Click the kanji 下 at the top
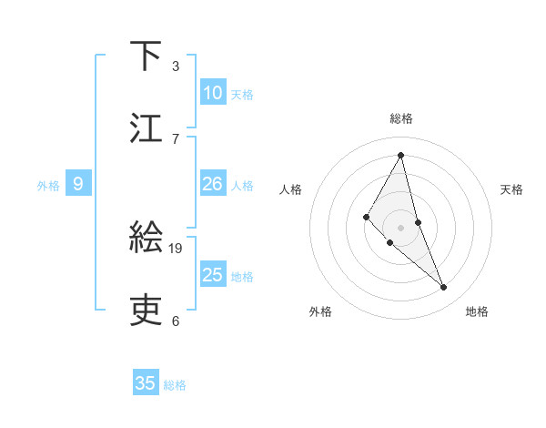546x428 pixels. coord(146,56)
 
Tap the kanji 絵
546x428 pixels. coord(146,238)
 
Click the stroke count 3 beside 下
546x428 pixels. coord(176,66)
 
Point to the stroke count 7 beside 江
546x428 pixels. coord(176,138)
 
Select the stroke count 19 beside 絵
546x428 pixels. coord(177,248)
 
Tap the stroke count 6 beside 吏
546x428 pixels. coord(176,321)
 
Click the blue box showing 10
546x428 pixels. coord(213,93)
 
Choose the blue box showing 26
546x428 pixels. coord(213,184)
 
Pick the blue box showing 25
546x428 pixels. coord(213,275)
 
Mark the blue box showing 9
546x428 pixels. coord(78,184)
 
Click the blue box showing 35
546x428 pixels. coord(146,383)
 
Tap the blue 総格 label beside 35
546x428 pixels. coord(175,385)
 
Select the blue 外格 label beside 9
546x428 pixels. coord(48,186)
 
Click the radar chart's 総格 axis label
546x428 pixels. coord(401,118)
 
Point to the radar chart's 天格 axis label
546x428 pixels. coord(512,189)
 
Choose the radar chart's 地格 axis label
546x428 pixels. coord(477,311)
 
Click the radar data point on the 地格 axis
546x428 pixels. coord(444,288)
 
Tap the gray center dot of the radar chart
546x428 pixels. coord(401,227)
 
